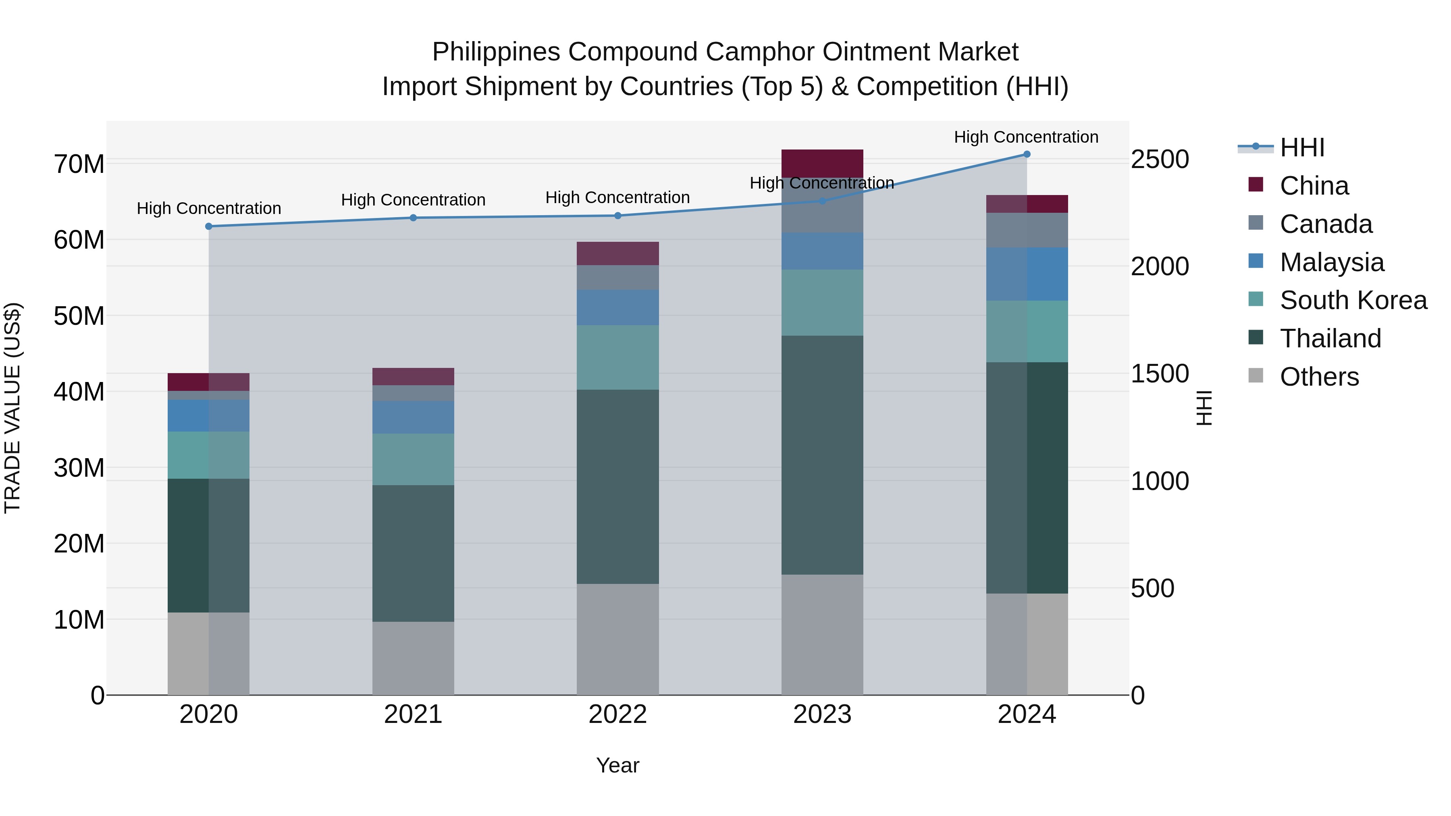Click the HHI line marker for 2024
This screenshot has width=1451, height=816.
pyautogui.click(x=1026, y=154)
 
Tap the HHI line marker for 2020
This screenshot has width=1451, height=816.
pyautogui.click(x=208, y=226)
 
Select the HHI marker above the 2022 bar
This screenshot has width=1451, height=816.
pyautogui.click(x=617, y=216)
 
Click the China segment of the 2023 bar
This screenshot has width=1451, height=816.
pyautogui.click(x=822, y=163)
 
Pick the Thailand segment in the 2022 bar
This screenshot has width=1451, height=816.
pyautogui.click(x=617, y=486)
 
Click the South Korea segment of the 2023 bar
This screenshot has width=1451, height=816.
pyautogui.click(x=822, y=302)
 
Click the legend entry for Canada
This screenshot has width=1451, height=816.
pyautogui.click(x=1325, y=224)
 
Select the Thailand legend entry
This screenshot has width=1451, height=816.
pyautogui.click(x=1330, y=338)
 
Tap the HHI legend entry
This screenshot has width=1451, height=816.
pyautogui.click(x=1302, y=147)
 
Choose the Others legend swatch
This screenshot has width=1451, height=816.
pyautogui.click(x=1256, y=376)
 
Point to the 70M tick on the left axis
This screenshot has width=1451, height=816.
pyautogui.click(x=79, y=164)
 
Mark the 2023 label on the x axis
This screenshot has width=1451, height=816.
pyautogui.click(x=822, y=714)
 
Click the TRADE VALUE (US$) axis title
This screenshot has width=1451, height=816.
pyautogui.click(x=12, y=408)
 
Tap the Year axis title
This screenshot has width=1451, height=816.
pyautogui.click(x=617, y=765)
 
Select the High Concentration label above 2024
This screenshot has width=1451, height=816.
pyautogui.click(x=1026, y=137)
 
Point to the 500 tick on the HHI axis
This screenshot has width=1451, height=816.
pyautogui.click(x=1152, y=588)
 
